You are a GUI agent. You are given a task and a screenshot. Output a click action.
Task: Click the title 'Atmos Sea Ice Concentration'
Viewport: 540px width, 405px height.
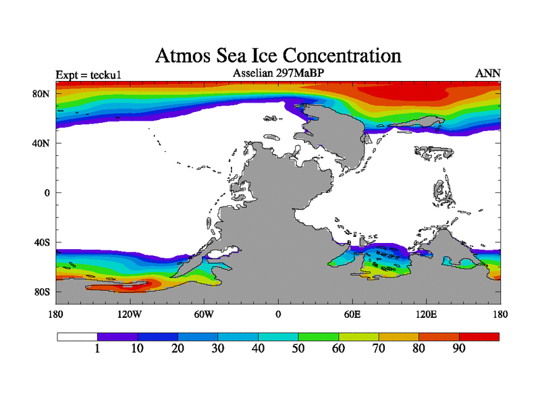pyautogui.click(x=277, y=55)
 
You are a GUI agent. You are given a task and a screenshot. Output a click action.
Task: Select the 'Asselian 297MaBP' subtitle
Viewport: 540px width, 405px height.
pyautogui.click(x=278, y=73)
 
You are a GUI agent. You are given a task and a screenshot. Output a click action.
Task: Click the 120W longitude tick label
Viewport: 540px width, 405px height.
pyautogui.click(x=130, y=314)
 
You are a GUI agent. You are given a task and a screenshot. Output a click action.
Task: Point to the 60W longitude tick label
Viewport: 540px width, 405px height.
pyautogui.click(x=204, y=314)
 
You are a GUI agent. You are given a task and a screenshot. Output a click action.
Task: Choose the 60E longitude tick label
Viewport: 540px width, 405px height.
pyautogui.click(x=352, y=314)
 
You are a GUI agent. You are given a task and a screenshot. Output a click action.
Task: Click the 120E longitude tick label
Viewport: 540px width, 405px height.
pyautogui.click(x=427, y=314)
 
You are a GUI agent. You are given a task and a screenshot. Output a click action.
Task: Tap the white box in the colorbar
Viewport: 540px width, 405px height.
pyautogui.click(x=77, y=336)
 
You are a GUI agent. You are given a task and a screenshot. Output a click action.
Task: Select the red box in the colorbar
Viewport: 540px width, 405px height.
pyautogui.click(x=479, y=336)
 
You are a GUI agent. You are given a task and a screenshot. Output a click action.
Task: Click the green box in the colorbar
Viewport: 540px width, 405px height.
pyautogui.click(x=318, y=336)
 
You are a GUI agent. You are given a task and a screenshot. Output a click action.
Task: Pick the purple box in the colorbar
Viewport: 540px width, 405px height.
pyautogui.click(x=117, y=336)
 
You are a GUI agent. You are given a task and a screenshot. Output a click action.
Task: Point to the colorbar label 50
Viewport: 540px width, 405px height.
pyautogui.click(x=298, y=348)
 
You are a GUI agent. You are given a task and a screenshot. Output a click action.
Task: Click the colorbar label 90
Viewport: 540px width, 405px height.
pyautogui.click(x=459, y=348)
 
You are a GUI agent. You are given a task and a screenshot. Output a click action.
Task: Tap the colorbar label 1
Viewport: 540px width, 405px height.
pyautogui.click(x=97, y=348)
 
